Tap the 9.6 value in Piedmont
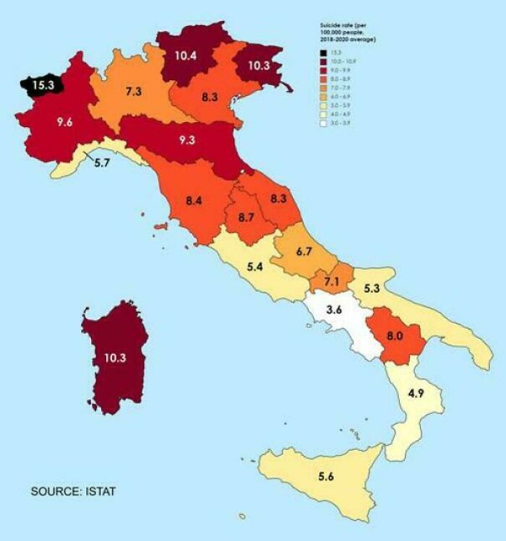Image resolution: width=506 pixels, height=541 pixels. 65,122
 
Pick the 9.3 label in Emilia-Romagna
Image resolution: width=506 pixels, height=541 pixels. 187,140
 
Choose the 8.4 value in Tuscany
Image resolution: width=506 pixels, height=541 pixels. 194,201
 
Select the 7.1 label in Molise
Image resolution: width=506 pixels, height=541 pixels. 331,280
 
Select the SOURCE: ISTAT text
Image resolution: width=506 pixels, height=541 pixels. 73,492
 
